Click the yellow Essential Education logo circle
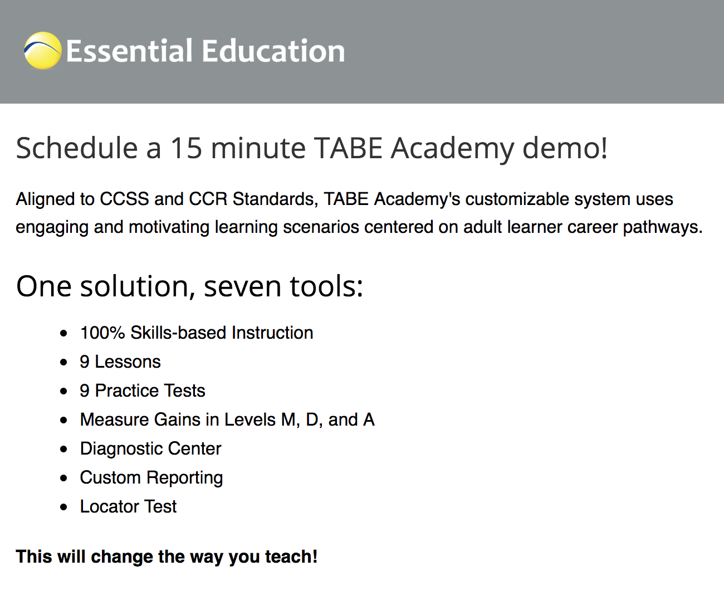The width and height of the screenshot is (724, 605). point(42,51)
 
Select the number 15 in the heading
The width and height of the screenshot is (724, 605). point(185,148)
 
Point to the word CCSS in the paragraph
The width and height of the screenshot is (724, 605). point(124,199)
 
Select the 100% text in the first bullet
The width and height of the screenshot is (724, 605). point(102,333)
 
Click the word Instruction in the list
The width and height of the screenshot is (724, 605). point(272,333)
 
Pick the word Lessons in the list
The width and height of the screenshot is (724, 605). point(128,362)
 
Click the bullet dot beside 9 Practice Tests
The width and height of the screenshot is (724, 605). point(64,391)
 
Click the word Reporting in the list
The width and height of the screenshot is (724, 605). point(184,478)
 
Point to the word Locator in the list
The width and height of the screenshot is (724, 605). point(110,506)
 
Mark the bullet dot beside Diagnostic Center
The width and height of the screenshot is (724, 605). point(64,449)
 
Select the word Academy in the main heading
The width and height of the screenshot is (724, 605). point(453,148)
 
